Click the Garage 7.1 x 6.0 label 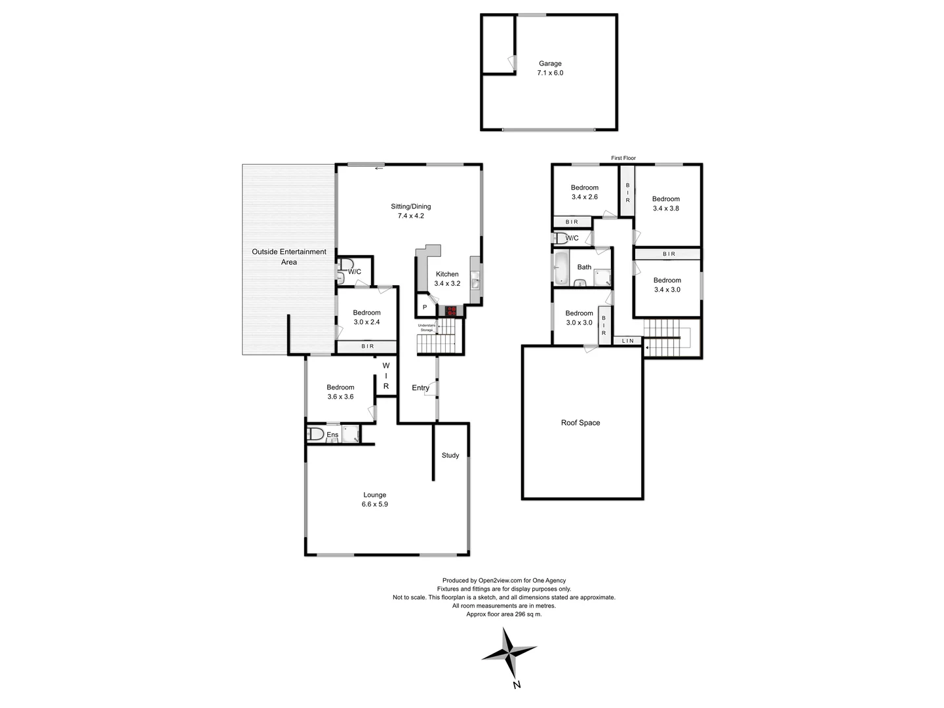pyautogui.click(x=550, y=68)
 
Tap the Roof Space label pyautogui.click(x=580, y=423)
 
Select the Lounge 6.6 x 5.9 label pyautogui.click(x=374, y=500)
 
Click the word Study pyautogui.click(x=450, y=455)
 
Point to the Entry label pyautogui.click(x=420, y=387)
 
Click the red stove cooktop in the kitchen pyautogui.click(x=451, y=311)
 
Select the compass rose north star pyautogui.click(x=509, y=653)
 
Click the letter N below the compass pyautogui.click(x=517, y=685)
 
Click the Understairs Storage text pyautogui.click(x=427, y=327)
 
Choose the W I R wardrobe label pyautogui.click(x=386, y=376)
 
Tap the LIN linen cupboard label pyautogui.click(x=628, y=340)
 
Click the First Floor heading pyautogui.click(x=623, y=158)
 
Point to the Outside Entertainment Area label pyautogui.click(x=289, y=257)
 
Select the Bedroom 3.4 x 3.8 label pyautogui.click(x=665, y=203)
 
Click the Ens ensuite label pyautogui.click(x=332, y=435)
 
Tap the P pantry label pyautogui.click(x=425, y=307)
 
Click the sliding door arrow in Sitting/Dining pyautogui.click(x=379, y=168)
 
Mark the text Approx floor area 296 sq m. pyautogui.click(x=503, y=614)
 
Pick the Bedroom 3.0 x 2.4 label pyautogui.click(x=366, y=317)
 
